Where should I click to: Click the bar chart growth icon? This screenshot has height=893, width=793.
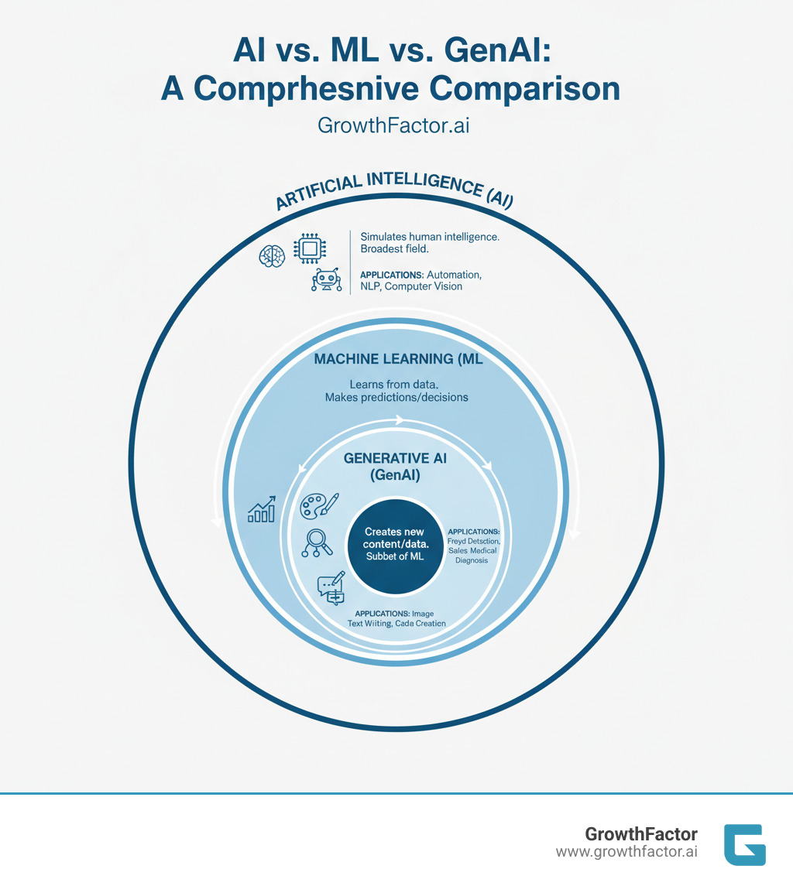(x=261, y=509)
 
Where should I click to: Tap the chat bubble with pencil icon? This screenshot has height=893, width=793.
(x=331, y=587)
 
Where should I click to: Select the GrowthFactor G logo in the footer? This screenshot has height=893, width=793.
(x=743, y=844)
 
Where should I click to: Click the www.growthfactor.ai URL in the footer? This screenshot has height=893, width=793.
(x=627, y=852)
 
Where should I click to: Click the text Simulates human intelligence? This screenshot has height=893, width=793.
(x=430, y=237)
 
